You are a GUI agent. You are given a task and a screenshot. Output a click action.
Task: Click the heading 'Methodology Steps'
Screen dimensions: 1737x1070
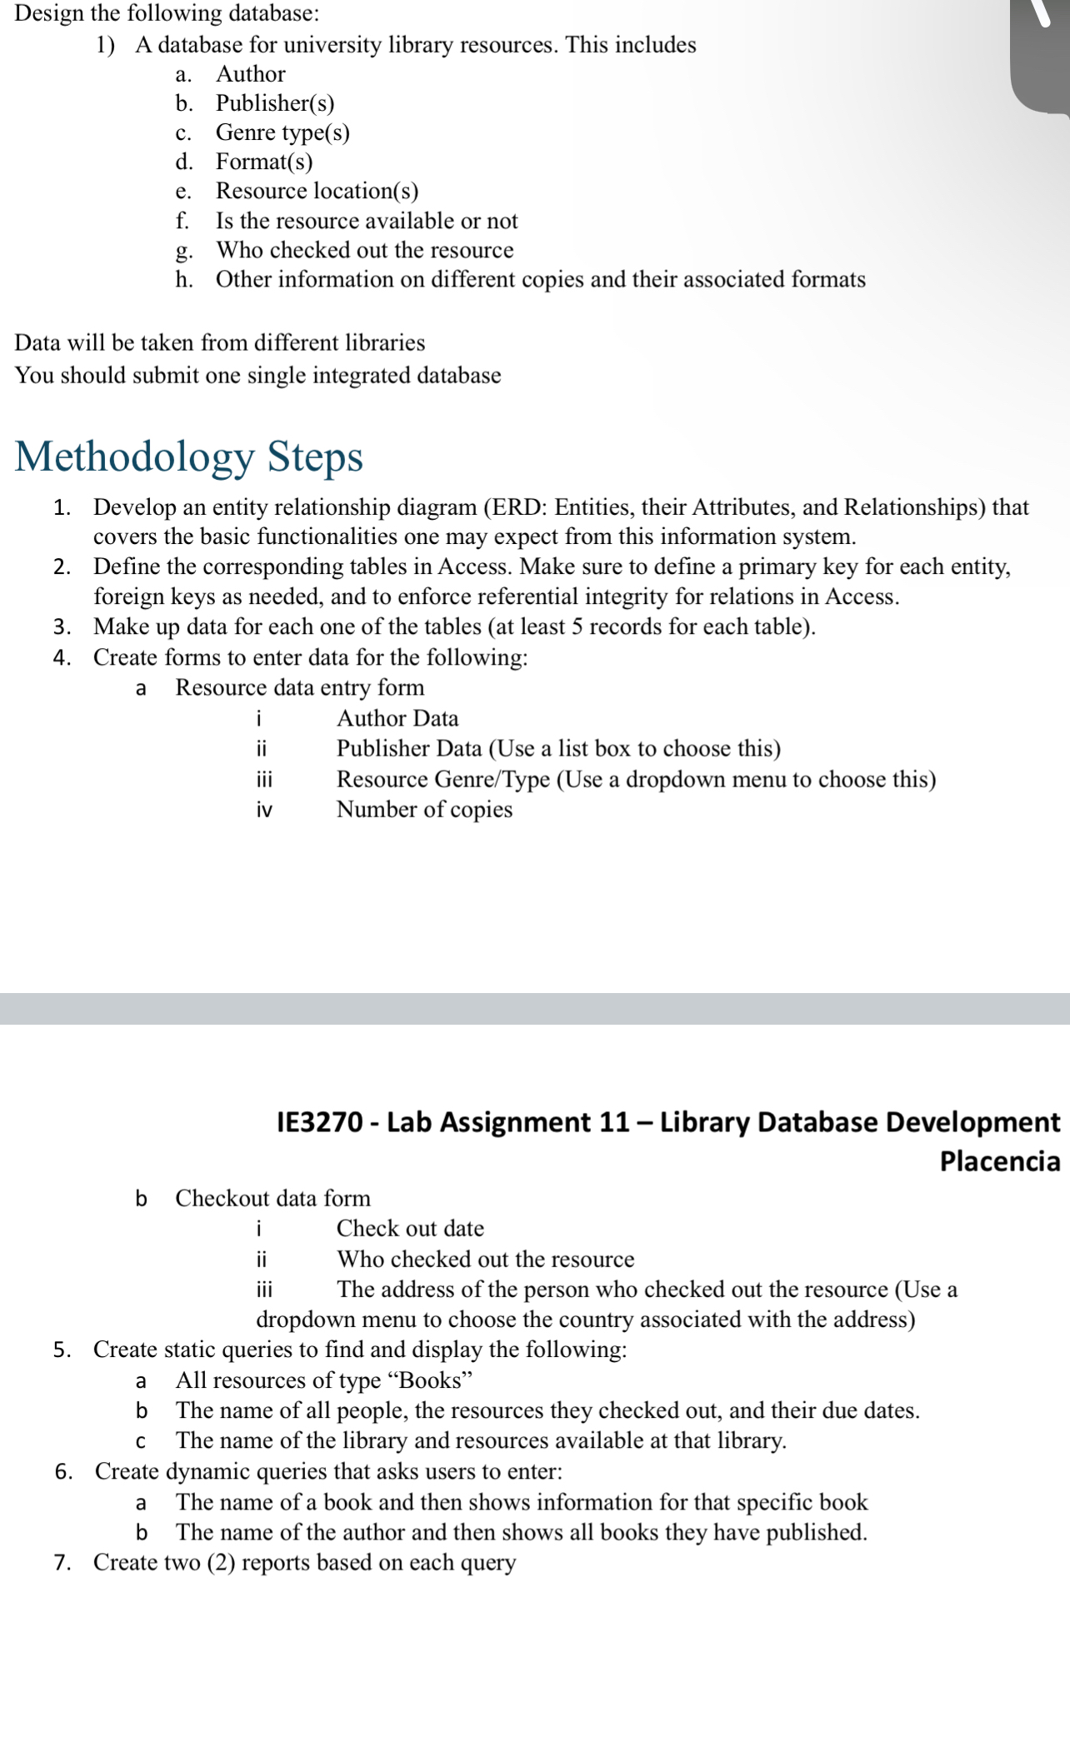click(189, 457)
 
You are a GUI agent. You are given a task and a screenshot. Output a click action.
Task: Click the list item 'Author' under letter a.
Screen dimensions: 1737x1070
click(250, 74)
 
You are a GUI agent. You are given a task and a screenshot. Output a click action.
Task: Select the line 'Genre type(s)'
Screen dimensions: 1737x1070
click(282, 132)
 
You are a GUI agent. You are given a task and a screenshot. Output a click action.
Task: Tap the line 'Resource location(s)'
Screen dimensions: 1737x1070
click(317, 191)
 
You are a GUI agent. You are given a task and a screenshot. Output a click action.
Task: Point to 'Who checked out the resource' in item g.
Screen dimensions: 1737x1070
click(364, 250)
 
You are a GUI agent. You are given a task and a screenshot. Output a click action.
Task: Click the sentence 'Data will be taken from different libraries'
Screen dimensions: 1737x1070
click(220, 342)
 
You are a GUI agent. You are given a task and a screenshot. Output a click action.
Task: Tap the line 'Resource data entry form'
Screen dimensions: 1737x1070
click(299, 687)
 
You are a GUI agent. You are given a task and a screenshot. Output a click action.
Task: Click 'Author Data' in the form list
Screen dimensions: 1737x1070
click(397, 718)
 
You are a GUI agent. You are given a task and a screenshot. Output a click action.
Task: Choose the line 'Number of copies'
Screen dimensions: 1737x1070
click(424, 809)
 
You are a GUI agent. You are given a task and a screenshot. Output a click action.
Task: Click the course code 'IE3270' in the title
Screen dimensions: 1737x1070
click(320, 1122)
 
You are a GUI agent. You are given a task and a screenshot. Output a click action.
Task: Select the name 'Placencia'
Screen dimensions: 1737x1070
click(999, 1160)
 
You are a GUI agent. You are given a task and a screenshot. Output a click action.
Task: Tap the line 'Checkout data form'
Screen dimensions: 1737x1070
click(272, 1198)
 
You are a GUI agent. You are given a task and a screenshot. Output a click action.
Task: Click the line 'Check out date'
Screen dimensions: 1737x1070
click(410, 1228)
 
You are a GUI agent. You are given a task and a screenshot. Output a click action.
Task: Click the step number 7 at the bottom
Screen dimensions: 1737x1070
click(62, 1563)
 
